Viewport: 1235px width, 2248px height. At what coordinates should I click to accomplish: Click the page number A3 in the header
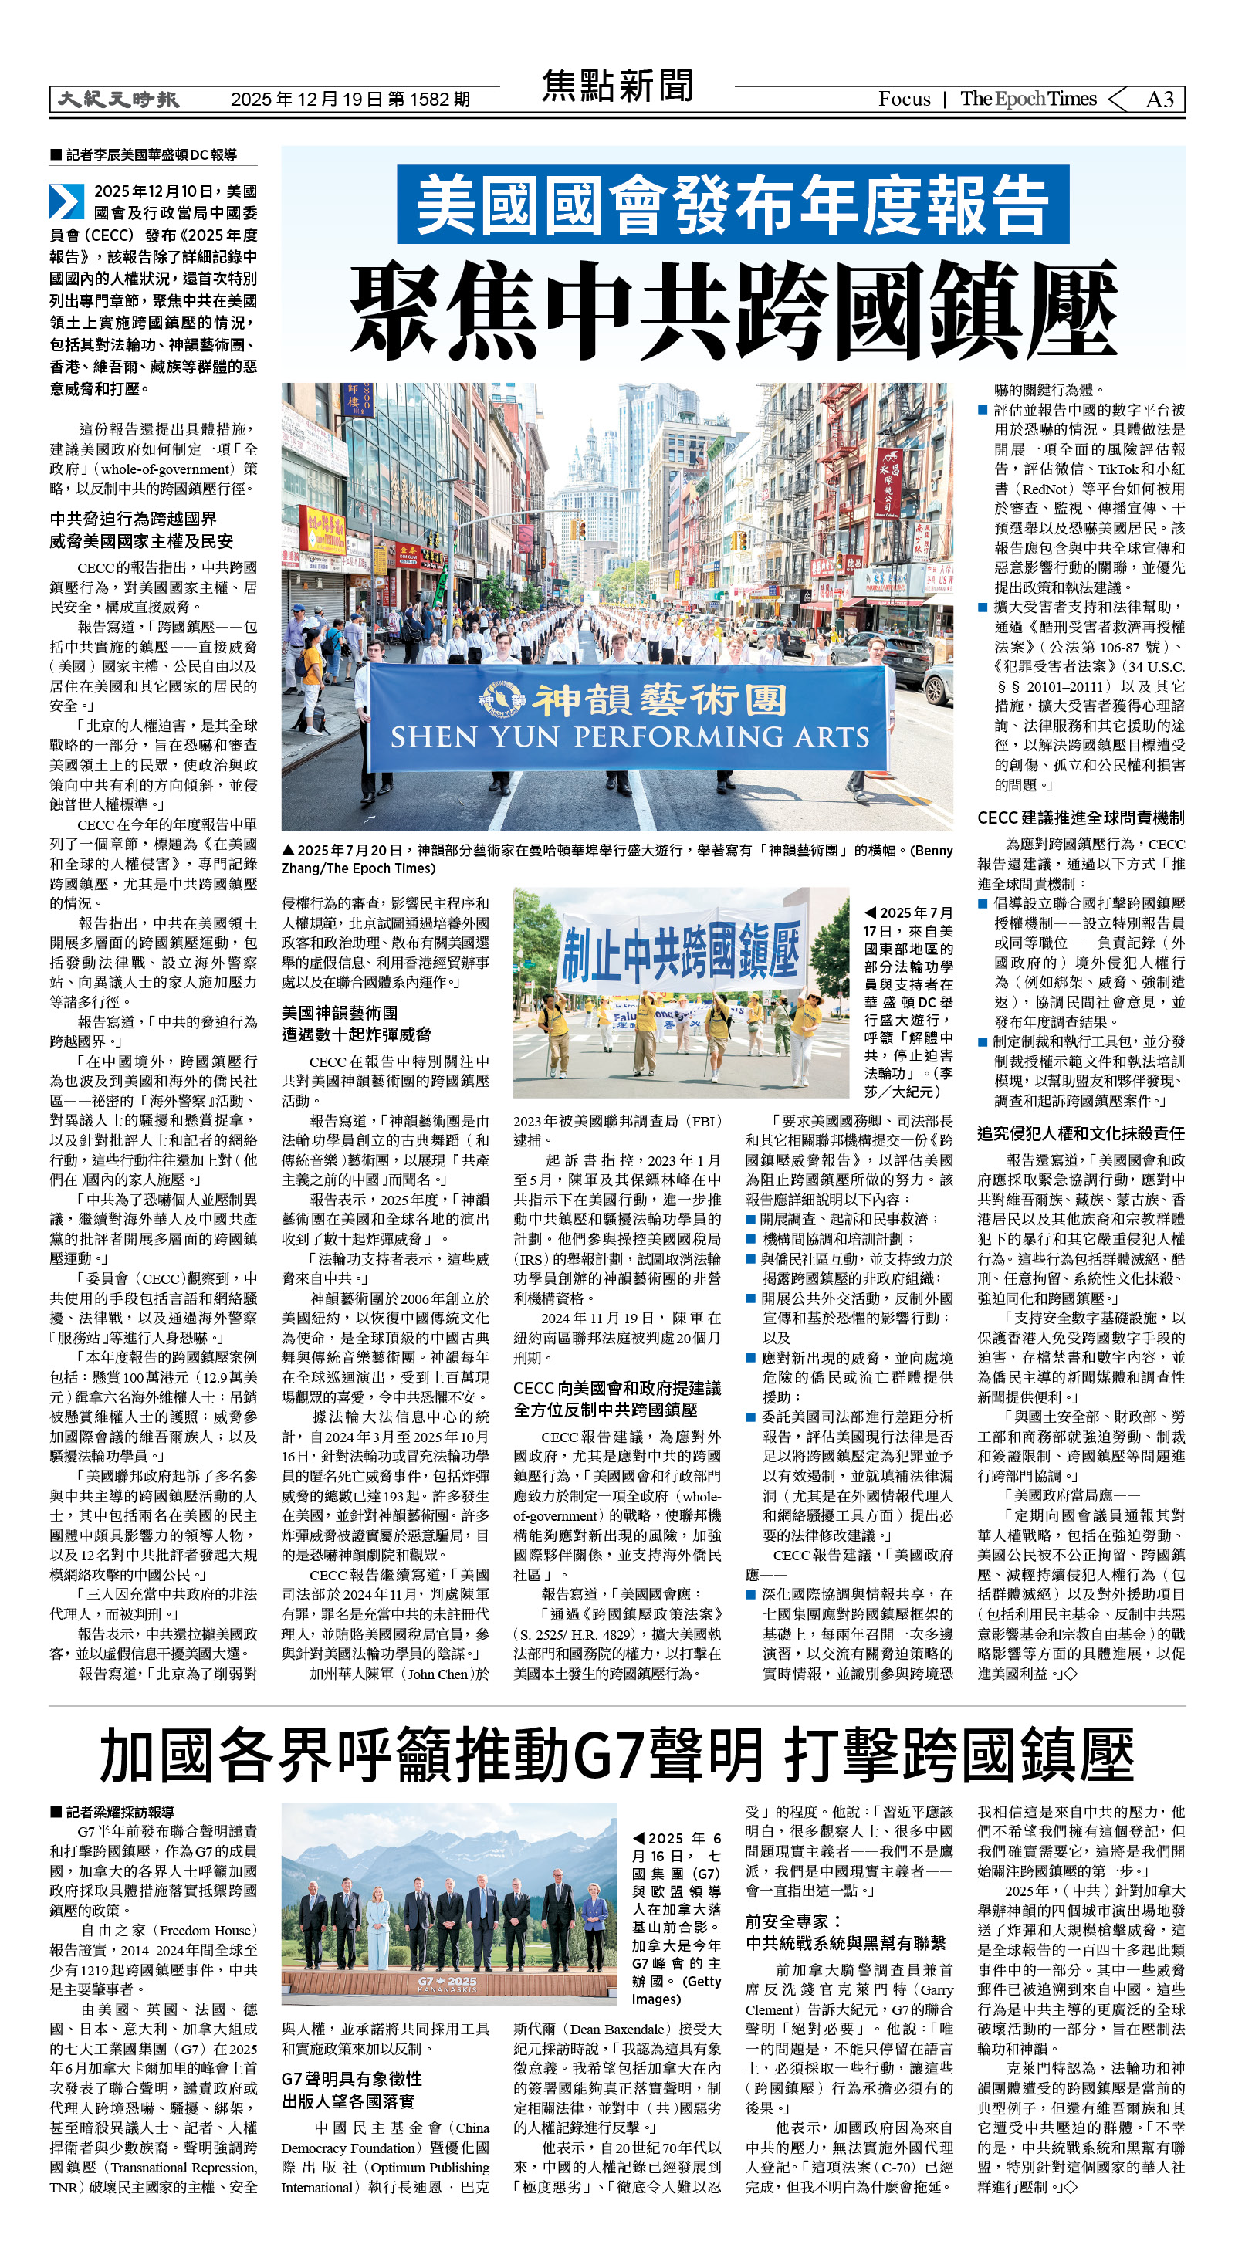pyautogui.click(x=1159, y=100)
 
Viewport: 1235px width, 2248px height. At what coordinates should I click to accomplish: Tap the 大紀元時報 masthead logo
pyautogui.click(x=118, y=100)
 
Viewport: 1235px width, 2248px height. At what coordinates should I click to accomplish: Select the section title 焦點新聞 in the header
pyautogui.click(x=617, y=87)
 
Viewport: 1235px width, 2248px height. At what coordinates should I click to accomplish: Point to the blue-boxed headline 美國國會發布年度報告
pyautogui.click(x=733, y=205)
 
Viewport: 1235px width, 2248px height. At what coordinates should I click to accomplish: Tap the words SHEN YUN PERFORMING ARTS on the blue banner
pyautogui.click(x=629, y=738)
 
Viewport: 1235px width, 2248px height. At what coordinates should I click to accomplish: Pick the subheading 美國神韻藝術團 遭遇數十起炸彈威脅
pyautogui.click(x=356, y=1024)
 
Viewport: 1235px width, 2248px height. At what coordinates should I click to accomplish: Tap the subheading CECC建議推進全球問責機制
pyautogui.click(x=1081, y=818)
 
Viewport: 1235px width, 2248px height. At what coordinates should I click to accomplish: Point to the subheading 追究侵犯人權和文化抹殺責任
pyautogui.click(x=1081, y=1133)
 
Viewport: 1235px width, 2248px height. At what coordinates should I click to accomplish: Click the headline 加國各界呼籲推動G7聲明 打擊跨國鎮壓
pyautogui.click(x=617, y=1755)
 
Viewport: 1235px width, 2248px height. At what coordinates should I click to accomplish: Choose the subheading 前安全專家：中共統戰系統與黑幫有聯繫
pyautogui.click(x=845, y=1932)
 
